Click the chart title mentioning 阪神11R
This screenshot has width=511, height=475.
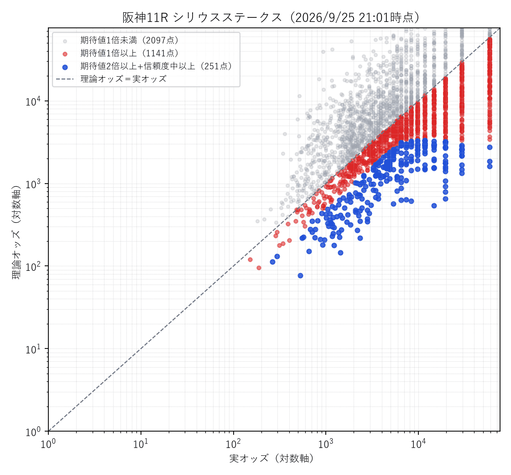[271, 18]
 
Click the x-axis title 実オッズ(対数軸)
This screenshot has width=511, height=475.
[271, 459]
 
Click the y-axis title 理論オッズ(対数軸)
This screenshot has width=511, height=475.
[16, 233]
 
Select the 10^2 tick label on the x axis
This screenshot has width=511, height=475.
[233, 443]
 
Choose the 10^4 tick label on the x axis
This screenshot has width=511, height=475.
[418, 443]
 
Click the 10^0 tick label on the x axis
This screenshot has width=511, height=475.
[48, 443]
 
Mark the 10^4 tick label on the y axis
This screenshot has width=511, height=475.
[33, 101]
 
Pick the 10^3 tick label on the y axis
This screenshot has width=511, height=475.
[33, 184]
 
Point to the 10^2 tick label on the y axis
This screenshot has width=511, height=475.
[33, 266]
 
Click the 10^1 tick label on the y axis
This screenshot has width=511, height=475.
[33, 349]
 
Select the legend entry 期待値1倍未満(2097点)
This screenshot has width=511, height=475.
[130, 41]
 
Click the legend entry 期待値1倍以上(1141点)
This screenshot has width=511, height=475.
[130, 53]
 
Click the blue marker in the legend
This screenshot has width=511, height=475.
[65, 67]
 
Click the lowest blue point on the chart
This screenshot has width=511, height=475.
[301, 276]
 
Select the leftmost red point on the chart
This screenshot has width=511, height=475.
[250, 260]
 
